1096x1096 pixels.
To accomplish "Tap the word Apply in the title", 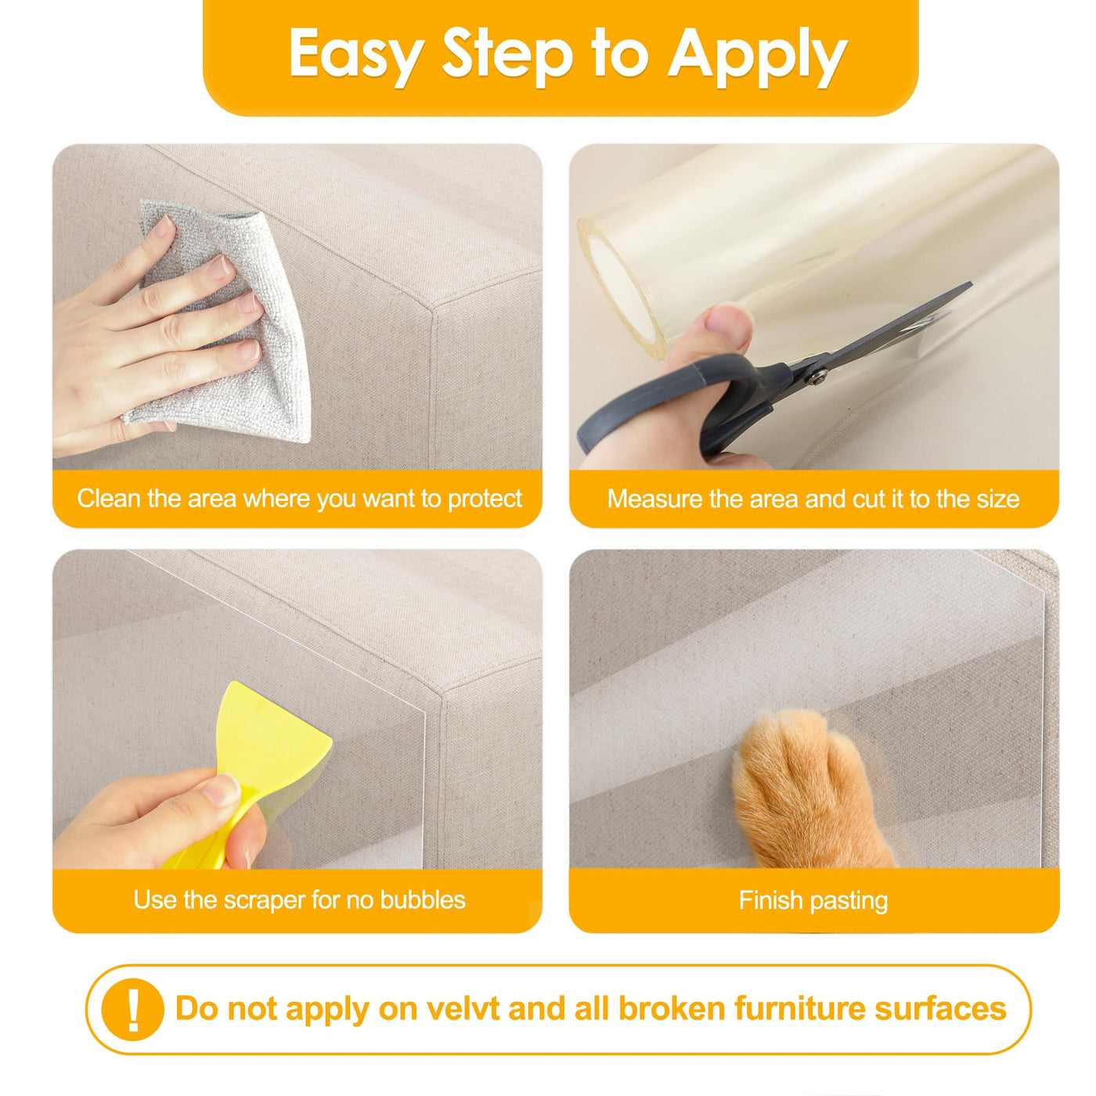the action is coord(757,57).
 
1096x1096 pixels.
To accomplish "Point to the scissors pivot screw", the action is coord(817,376).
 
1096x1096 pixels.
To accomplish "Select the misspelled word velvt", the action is coord(463,1009).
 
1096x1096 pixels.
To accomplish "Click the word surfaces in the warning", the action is coord(940,1009).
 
